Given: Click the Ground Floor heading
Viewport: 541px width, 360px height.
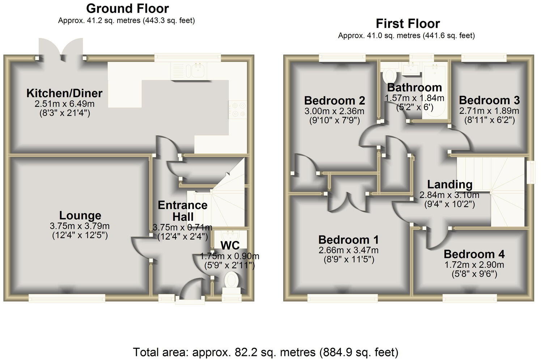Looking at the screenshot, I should [x=127, y=8].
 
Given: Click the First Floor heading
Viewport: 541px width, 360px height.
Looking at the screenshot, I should [x=408, y=24].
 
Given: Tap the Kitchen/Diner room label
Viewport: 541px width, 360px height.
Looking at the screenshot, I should [x=64, y=93].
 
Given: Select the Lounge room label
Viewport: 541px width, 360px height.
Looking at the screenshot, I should [x=80, y=215].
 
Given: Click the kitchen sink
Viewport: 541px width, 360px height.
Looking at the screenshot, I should [x=197, y=70].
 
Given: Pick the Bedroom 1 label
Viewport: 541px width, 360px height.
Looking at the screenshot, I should [x=348, y=240].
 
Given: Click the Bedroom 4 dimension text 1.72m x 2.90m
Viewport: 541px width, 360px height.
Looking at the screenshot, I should [x=474, y=264].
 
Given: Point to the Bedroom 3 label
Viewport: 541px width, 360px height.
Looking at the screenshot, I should [x=489, y=100].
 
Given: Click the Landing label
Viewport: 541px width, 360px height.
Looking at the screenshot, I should [x=450, y=185].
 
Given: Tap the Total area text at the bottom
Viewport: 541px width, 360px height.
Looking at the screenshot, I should [x=266, y=352].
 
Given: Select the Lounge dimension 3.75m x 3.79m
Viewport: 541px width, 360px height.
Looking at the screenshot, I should [x=80, y=226].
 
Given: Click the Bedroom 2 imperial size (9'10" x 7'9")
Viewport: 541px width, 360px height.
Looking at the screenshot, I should [x=334, y=120].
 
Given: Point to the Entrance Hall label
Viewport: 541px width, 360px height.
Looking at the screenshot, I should [x=183, y=211].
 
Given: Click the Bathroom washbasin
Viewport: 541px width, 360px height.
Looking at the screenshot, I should [x=412, y=69].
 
